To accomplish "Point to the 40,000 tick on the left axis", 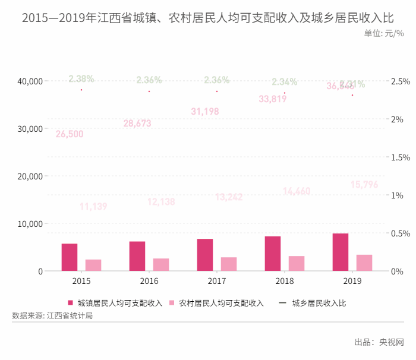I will click(29, 81).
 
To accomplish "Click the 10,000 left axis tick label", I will click(29, 224).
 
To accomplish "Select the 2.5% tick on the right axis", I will click(400, 81).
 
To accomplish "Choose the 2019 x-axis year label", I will click(352, 281).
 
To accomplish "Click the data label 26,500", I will click(70, 134).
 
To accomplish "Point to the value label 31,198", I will click(205, 111).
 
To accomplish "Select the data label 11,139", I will click(93, 207).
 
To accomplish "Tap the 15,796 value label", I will click(364, 185).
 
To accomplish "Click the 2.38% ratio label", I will click(81, 78).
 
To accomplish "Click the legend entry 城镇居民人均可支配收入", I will click(115, 303).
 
